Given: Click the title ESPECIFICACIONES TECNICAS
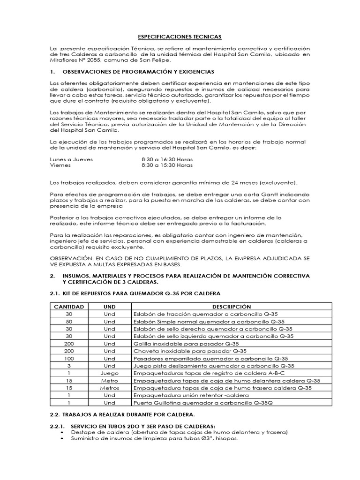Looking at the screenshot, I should [x=180, y=36].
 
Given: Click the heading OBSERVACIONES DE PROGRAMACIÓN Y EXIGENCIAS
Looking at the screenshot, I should [x=138, y=72].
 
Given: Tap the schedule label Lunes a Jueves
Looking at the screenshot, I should [x=71, y=159].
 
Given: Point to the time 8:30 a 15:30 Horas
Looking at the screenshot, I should [x=167, y=165].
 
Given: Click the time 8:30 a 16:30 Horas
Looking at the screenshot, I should [x=167, y=159].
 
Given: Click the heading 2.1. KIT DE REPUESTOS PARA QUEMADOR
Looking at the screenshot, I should [x=135, y=293].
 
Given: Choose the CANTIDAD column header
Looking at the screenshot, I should [x=69, y=307].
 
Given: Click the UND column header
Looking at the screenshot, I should [x=109, y=307].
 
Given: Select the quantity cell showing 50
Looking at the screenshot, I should [x=69, y=322].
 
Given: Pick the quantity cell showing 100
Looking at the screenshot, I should [x=69, y=358].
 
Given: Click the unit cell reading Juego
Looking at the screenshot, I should [x=109, y=373].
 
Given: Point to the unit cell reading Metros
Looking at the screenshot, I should [x=109, y=388].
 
